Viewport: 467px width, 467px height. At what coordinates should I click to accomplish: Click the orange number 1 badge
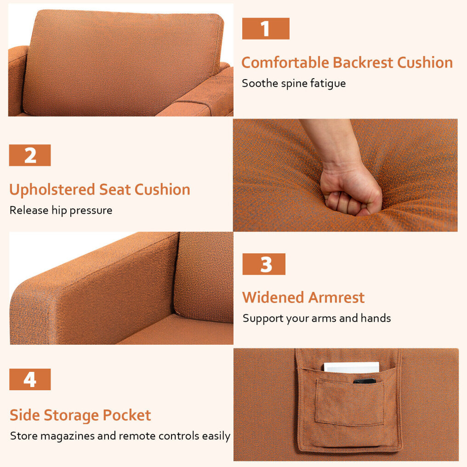(266, 28)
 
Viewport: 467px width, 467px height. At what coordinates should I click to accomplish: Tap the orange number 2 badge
(30, 155)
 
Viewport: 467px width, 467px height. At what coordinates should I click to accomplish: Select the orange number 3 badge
(264, 264)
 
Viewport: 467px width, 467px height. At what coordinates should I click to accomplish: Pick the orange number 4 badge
(30, 380)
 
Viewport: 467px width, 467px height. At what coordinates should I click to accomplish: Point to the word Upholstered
(52, 190)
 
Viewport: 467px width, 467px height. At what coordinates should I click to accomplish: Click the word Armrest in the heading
(336, 297)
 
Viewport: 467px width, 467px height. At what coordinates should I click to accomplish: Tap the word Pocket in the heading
(127, 415)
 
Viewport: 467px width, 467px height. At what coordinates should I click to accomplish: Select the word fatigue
(328, 84)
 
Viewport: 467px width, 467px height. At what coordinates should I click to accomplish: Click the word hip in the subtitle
(59, 211)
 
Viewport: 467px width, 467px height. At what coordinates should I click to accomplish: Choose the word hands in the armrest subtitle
(376, 318)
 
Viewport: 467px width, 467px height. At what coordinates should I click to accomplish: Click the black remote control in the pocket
(364, 381)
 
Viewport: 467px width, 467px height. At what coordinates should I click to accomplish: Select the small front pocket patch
(350, 402)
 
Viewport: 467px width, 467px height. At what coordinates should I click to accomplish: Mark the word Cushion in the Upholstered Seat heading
(162, 190)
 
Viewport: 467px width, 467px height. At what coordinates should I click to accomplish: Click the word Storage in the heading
(72, 416)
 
